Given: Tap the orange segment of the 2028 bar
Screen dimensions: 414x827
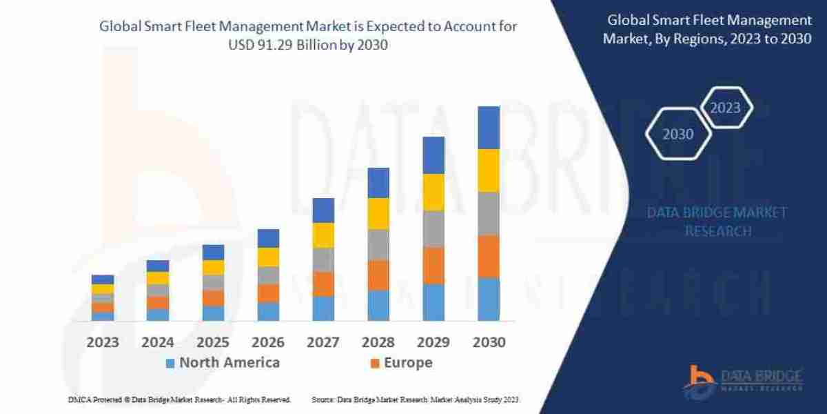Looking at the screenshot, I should (x=378, y=275).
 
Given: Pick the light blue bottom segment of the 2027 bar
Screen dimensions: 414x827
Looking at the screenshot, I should (x=323, y=308).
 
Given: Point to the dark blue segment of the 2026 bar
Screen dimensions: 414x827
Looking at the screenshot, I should (x=268, y=238).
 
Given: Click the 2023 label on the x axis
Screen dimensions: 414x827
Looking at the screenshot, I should (x=102, y=342).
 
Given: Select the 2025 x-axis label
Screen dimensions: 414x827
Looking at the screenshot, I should (x=212, y=342).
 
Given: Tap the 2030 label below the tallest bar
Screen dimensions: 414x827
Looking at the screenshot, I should (x=489, y=342).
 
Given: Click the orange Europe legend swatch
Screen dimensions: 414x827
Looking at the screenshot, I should (x=375, y=363).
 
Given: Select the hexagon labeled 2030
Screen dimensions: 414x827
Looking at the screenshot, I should (x=678, y=135).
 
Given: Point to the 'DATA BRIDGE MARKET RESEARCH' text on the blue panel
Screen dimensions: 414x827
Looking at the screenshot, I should (x=717, y=221).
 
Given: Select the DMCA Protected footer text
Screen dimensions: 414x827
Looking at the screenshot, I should (x=179, y=400).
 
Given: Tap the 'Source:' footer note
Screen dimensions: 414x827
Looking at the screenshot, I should (x=323, y=400).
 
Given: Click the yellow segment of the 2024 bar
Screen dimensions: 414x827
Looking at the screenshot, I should (x=158, y=278).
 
